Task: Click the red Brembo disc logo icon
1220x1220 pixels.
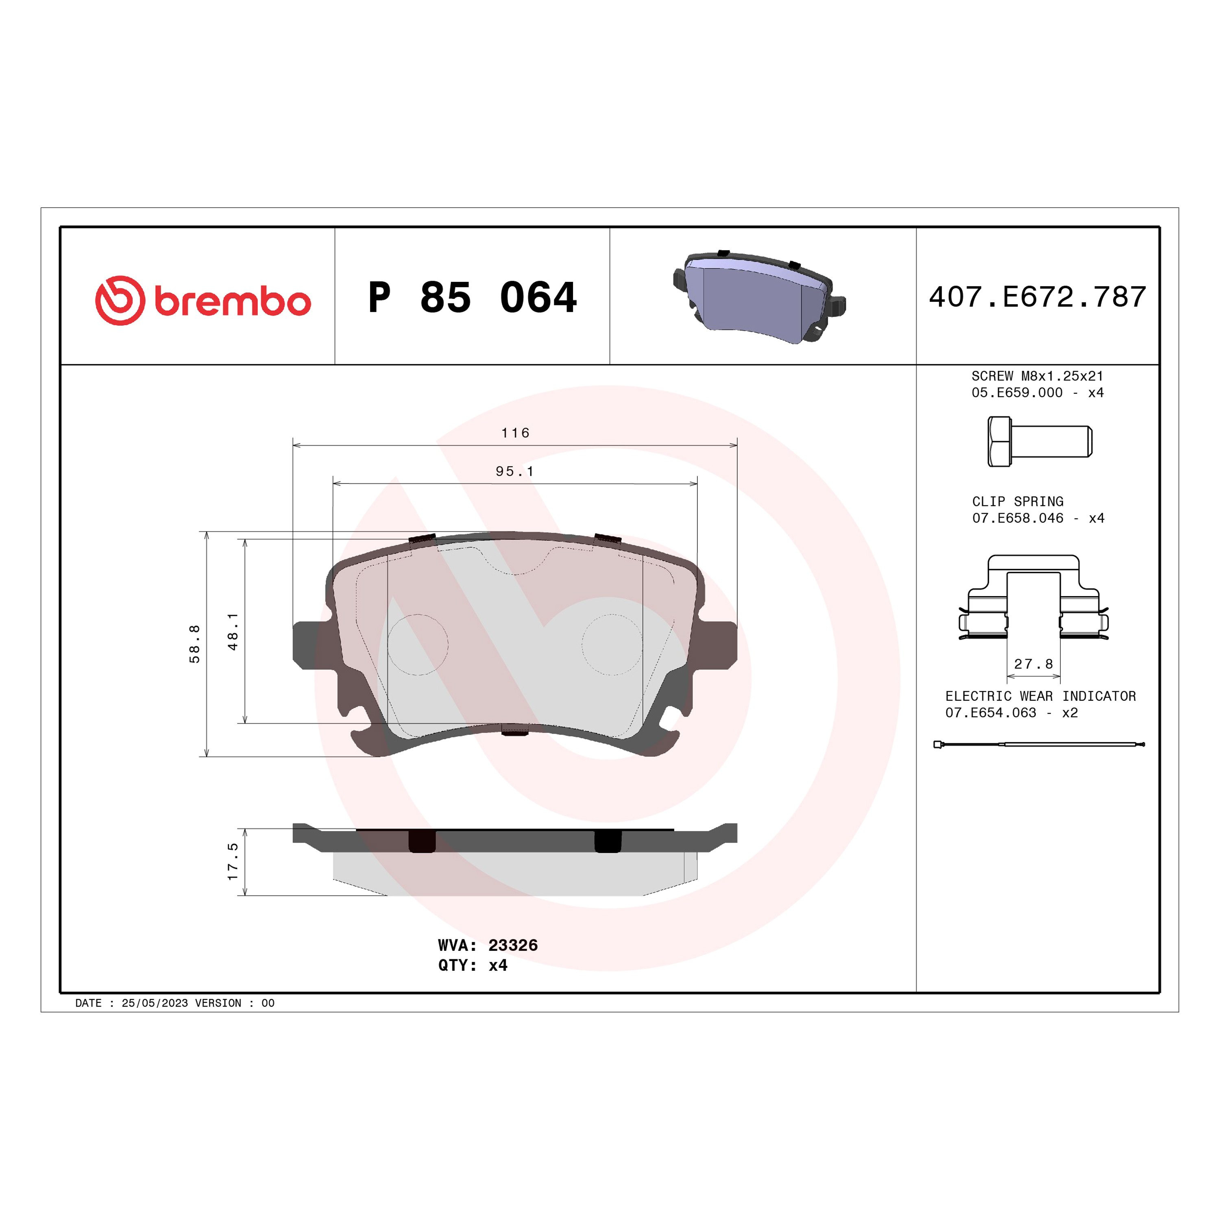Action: [x=120, y=301]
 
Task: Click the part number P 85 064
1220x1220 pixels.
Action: [x=472, y=297]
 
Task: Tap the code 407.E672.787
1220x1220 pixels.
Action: [x=1037, y=297]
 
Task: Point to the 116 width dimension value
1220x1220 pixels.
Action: [x=515, y=433]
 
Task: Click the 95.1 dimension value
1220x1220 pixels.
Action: [x=515, y=471]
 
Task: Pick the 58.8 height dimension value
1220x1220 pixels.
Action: [x=194, y=644]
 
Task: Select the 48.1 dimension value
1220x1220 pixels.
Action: [x=233, y=632]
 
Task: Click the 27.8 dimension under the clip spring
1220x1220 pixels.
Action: [x=1034, y=664]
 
